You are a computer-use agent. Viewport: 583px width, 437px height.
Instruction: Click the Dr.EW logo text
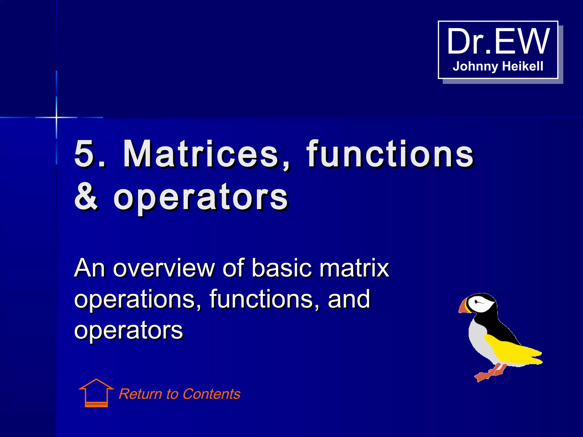click(x=498, y=42)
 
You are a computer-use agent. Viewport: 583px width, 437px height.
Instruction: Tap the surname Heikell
click(x=523, y=66)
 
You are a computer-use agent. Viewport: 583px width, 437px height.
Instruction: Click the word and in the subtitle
click(x=349, y=299)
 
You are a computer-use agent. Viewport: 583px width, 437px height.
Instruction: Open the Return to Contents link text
click(x=179, y=394)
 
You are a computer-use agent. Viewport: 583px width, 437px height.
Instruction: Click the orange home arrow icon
click(x=96, y=393)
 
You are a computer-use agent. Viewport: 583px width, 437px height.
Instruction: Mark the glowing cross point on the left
click(x=56, y=117)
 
